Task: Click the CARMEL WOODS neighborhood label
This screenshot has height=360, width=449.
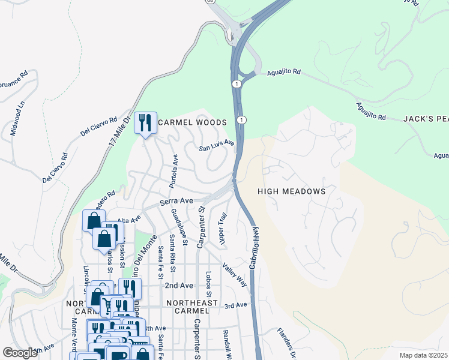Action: coord(192,122)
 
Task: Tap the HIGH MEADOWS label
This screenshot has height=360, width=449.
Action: coord(291,191)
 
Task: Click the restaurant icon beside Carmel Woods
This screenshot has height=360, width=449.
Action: coord(145,124)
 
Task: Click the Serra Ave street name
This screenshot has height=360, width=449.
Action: coord(175,202)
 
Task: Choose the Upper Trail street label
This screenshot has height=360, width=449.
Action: coord(223,228)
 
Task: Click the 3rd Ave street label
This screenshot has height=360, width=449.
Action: coord(236,305)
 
